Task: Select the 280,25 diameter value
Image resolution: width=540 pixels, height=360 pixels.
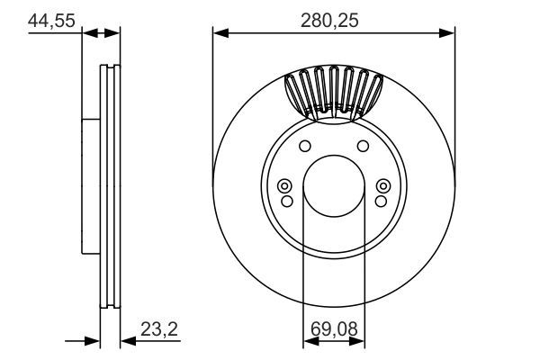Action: click(334, 21)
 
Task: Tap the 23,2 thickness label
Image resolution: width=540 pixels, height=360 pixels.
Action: click(159, 330)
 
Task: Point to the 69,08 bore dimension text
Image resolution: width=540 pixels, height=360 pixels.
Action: click(333, 330)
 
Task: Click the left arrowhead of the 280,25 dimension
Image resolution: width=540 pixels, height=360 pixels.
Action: click(220, 33)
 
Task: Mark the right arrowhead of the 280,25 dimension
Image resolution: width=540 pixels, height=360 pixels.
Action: click(448, 33)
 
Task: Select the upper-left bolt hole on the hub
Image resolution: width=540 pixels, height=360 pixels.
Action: click(304, 147)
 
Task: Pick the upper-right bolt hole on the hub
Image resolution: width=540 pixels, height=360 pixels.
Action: click(364, 147)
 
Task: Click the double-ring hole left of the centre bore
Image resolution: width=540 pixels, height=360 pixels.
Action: click(285, 186)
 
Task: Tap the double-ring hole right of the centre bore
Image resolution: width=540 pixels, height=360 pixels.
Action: click(382, 186)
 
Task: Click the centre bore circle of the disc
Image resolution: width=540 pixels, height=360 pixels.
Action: click(334, 186)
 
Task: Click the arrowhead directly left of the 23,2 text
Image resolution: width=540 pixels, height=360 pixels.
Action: click(126, 341)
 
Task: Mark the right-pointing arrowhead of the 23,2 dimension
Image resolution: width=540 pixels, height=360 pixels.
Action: click(92, 341)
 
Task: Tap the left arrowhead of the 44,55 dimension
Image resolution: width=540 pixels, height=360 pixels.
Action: click(88, 33)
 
